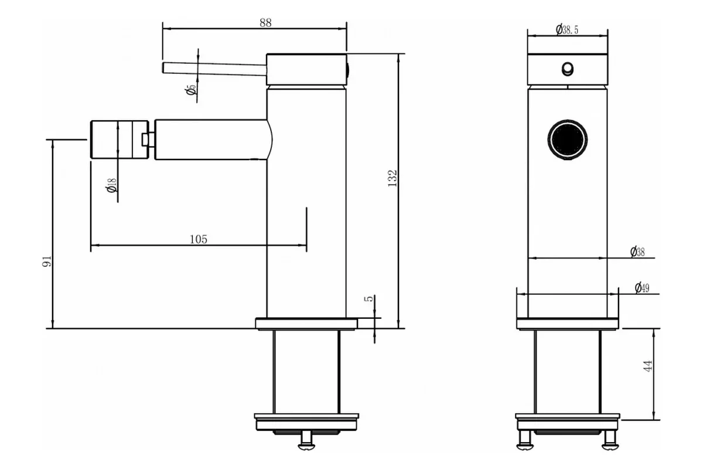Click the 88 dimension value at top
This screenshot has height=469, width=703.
tap(265, 23)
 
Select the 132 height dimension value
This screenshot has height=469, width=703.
tap(393, 178)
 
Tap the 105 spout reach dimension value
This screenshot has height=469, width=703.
tap(199, 239)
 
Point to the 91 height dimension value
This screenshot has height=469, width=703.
tap(47, 261)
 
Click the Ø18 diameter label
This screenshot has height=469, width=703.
tap(111, 185)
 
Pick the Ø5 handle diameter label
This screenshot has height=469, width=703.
tap(190, 90)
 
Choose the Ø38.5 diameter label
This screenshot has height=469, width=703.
tap(567, 30)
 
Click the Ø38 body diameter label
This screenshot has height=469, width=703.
tap(637, 252)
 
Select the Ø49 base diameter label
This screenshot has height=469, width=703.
tap(642, 288)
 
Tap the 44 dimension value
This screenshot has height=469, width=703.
tap(648, 366)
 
